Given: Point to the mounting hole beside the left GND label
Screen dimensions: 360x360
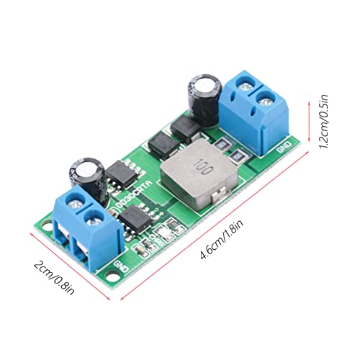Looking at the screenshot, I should point(112,275).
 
